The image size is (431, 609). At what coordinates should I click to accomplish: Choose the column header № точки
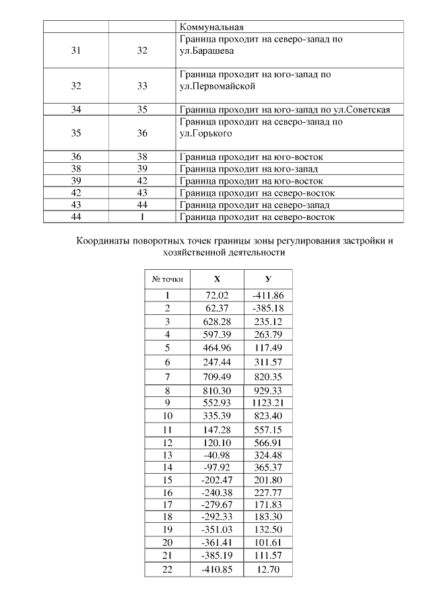pyautogui.click(x=166, y=279)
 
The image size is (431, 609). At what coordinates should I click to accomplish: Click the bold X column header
pyautogui.click(x=217, y=279)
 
